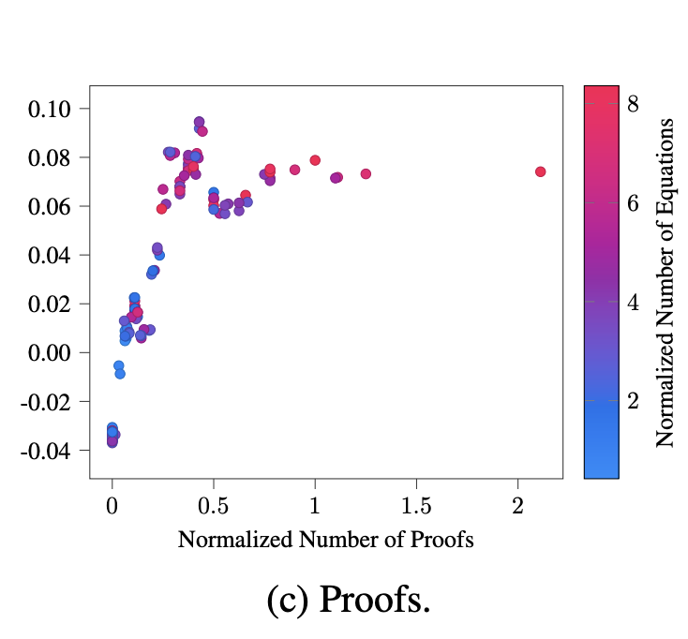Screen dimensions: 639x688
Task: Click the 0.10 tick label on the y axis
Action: pos(53,109)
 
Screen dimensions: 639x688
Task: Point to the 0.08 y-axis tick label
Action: pos(53,157)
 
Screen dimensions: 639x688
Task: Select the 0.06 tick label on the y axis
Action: pos(53,206)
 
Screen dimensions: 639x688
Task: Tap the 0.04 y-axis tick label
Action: pos(53,255)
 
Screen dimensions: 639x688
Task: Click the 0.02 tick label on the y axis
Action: pos(53,304)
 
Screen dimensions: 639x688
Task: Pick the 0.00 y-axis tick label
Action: pos(53,352)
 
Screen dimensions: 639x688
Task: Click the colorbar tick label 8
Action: pos(633,105)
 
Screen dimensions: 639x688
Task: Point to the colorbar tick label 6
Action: pos(633,203)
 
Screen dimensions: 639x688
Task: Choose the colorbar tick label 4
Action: pos(633,302)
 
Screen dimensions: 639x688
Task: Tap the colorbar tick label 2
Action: pos(633,400)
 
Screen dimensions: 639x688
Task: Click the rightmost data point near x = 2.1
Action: pos(541,171)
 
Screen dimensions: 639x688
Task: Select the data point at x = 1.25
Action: pos(366,173)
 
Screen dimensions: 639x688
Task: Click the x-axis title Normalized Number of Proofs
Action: pos(325,541)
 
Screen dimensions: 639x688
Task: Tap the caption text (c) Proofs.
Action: pos(348,601)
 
